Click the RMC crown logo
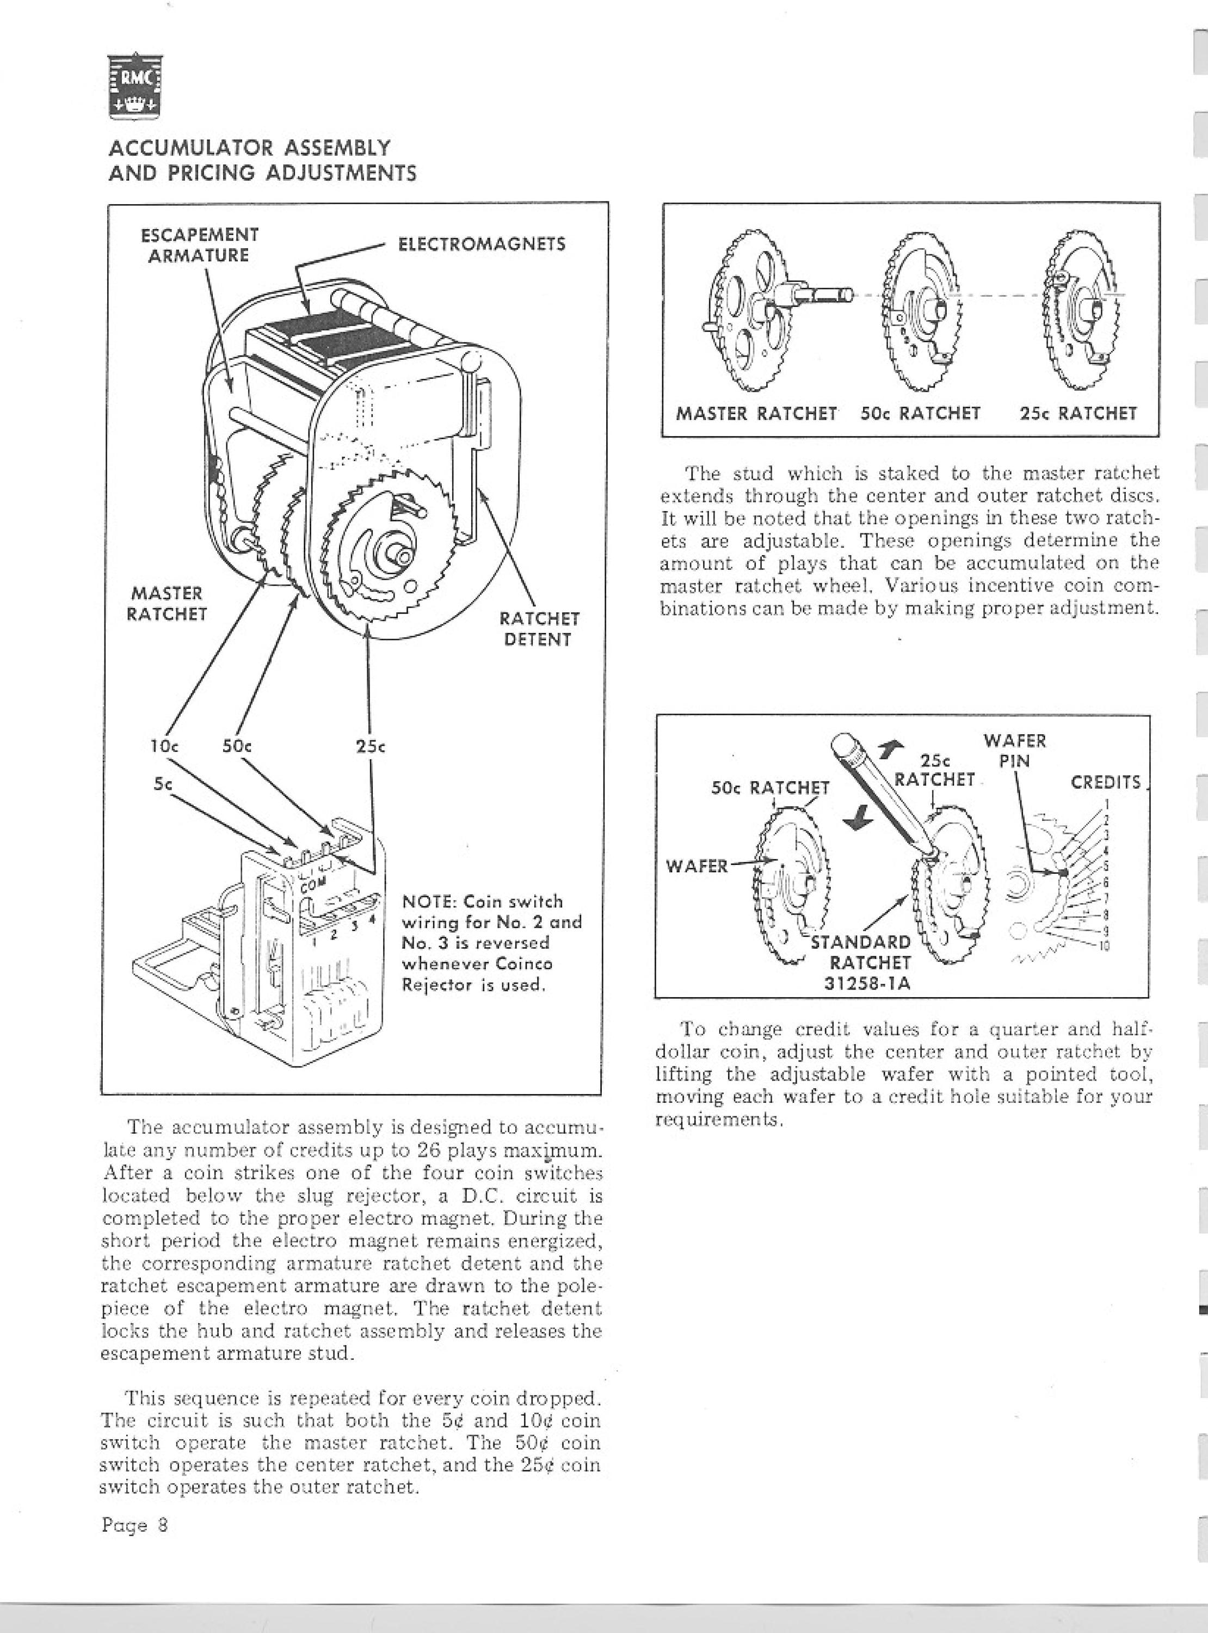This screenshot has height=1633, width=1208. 135,87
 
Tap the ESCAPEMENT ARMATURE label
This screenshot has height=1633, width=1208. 200,245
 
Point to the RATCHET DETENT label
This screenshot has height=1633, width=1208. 539,629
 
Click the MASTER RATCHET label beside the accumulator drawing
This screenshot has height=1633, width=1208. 167,603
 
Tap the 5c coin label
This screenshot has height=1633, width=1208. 162,783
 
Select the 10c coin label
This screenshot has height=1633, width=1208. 164,747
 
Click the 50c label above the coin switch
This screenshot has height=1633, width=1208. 237,747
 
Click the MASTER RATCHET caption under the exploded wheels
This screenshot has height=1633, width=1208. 756,414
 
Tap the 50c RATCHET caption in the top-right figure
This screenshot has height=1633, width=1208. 920,414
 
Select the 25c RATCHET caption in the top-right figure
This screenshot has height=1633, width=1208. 1078,414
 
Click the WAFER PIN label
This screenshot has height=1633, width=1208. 1014,750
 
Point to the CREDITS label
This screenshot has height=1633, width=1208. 1106,783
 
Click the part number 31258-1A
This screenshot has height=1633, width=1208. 868,984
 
